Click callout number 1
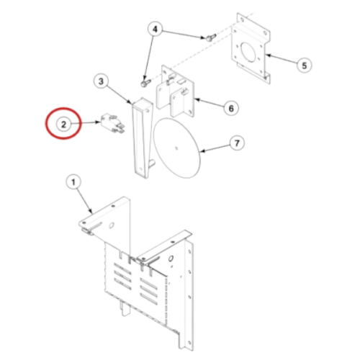[73, 182]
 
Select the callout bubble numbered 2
[63, 125]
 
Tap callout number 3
[101, 81]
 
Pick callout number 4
[155, 30]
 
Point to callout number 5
[304, 66]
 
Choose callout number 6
[231, 108]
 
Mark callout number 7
[237, 143]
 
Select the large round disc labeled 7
[176, 148]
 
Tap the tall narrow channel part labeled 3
[143, 138]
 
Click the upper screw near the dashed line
[210, 37]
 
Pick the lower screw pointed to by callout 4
[145, 83]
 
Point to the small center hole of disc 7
[176, 148]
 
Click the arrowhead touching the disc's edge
[202, 151]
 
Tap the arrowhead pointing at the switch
[98, 122]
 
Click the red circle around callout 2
[63, 123]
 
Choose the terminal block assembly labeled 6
[175, 91]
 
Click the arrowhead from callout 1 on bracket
[91, 211]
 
